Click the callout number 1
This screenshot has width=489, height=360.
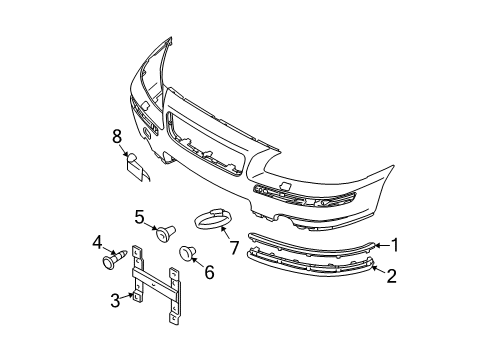[396, 243]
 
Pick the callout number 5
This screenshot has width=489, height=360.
[140, 215]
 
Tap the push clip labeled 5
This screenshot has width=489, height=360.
[161, 234]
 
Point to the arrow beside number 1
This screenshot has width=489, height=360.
[380, 243]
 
